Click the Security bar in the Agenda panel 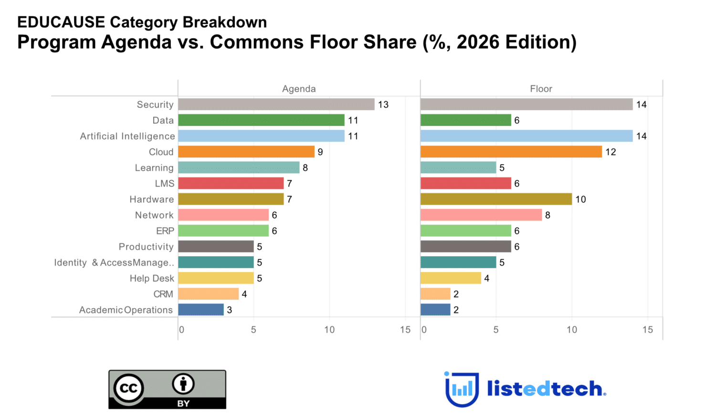point(276,104)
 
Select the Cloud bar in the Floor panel point(511,152)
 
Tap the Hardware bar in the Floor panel point(496,199)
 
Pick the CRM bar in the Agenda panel point(209,293)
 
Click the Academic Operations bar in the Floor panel point(435,310)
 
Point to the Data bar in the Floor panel point(466,120)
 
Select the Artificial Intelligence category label point(127,136)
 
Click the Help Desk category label point(152,278)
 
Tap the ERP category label point(165,231)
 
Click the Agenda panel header point(299,89)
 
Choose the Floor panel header point(541,89)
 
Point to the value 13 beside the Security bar point(383,104)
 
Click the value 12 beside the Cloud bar point(611,152)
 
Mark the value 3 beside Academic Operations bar point(229,310)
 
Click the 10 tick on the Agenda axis point(329,329)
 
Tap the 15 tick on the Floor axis point(648,329)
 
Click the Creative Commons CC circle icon point(129,388)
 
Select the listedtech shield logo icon point(462,389)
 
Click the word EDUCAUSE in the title point(61,22)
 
